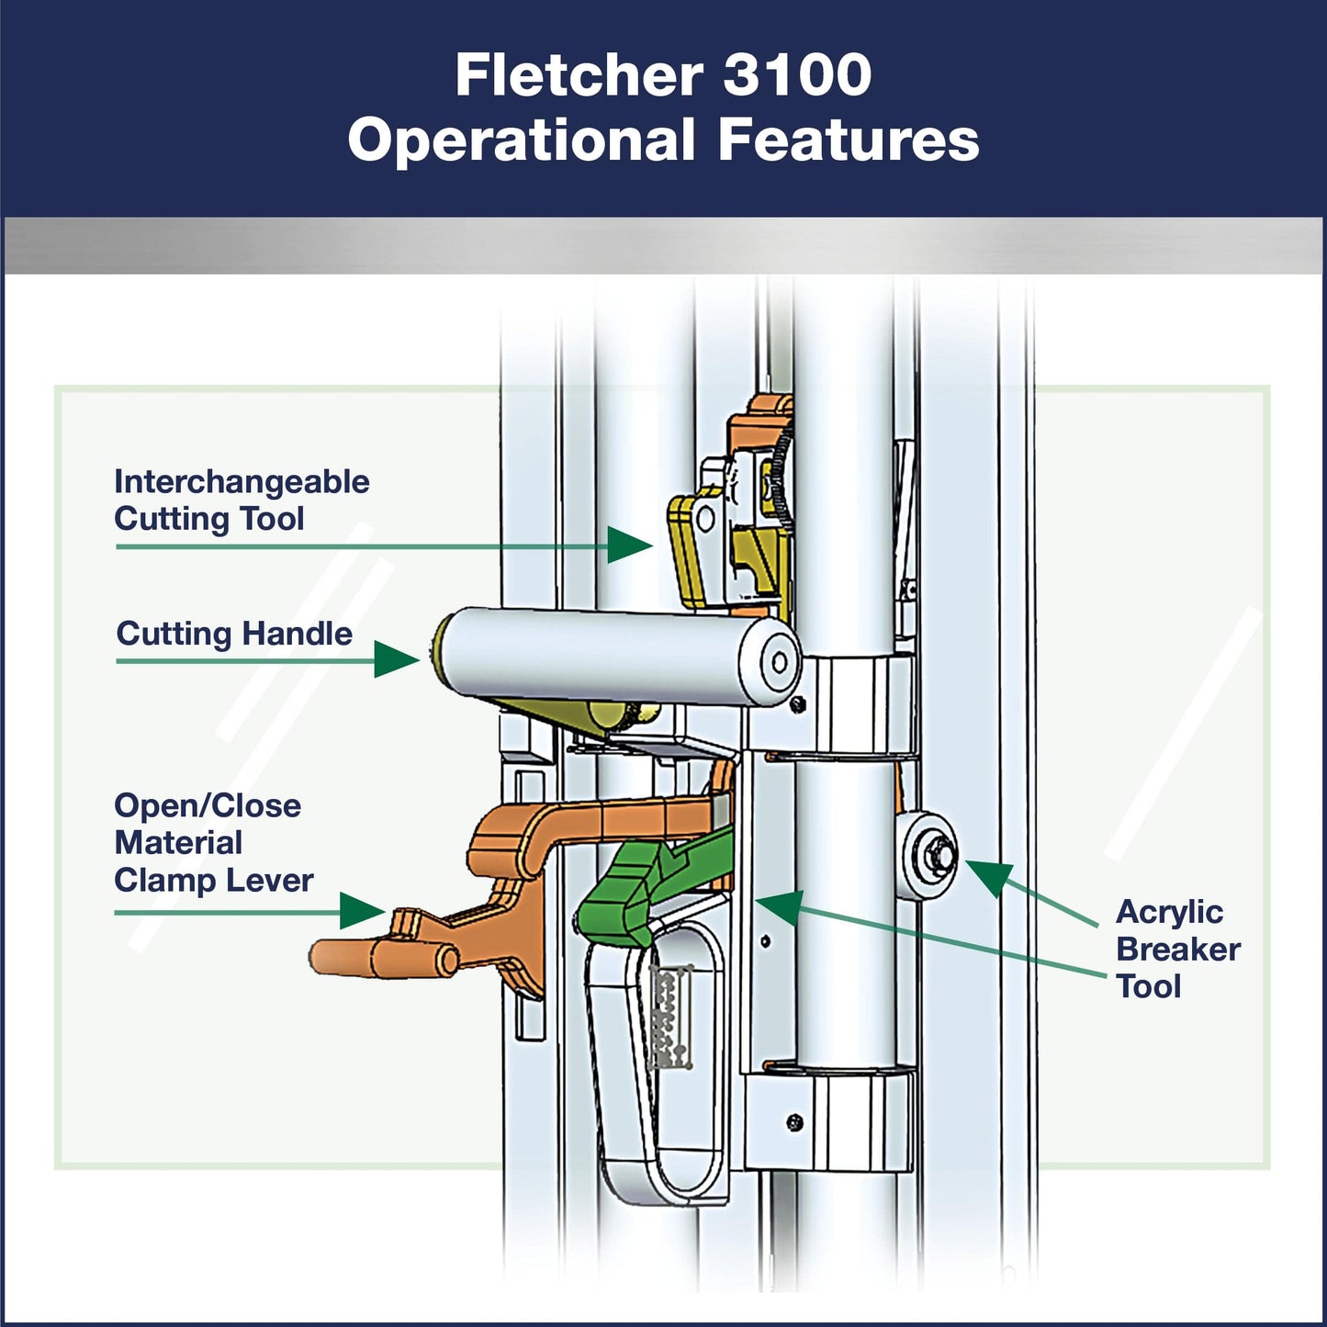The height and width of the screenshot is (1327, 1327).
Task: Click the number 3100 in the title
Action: point(796,75)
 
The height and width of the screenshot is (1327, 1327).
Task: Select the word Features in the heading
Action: point(849,141)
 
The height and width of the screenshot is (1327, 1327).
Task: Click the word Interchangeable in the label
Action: point(242,482)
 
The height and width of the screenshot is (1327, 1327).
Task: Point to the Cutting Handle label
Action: point(234,634)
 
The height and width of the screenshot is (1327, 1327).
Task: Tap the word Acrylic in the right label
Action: point(1169,912)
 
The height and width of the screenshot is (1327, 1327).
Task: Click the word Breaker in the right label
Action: point(1178,950)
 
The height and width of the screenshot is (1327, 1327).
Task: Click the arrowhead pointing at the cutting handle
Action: point(396,659)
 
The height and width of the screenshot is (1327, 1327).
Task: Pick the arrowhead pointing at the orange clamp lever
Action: point(361,911)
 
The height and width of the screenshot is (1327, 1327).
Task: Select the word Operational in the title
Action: point(521,141)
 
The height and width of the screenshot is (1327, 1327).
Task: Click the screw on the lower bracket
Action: point(795,1121)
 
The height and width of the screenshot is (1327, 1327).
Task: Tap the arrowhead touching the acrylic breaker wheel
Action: point(989,876)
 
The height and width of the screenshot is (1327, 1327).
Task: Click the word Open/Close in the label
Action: point(208,806)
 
